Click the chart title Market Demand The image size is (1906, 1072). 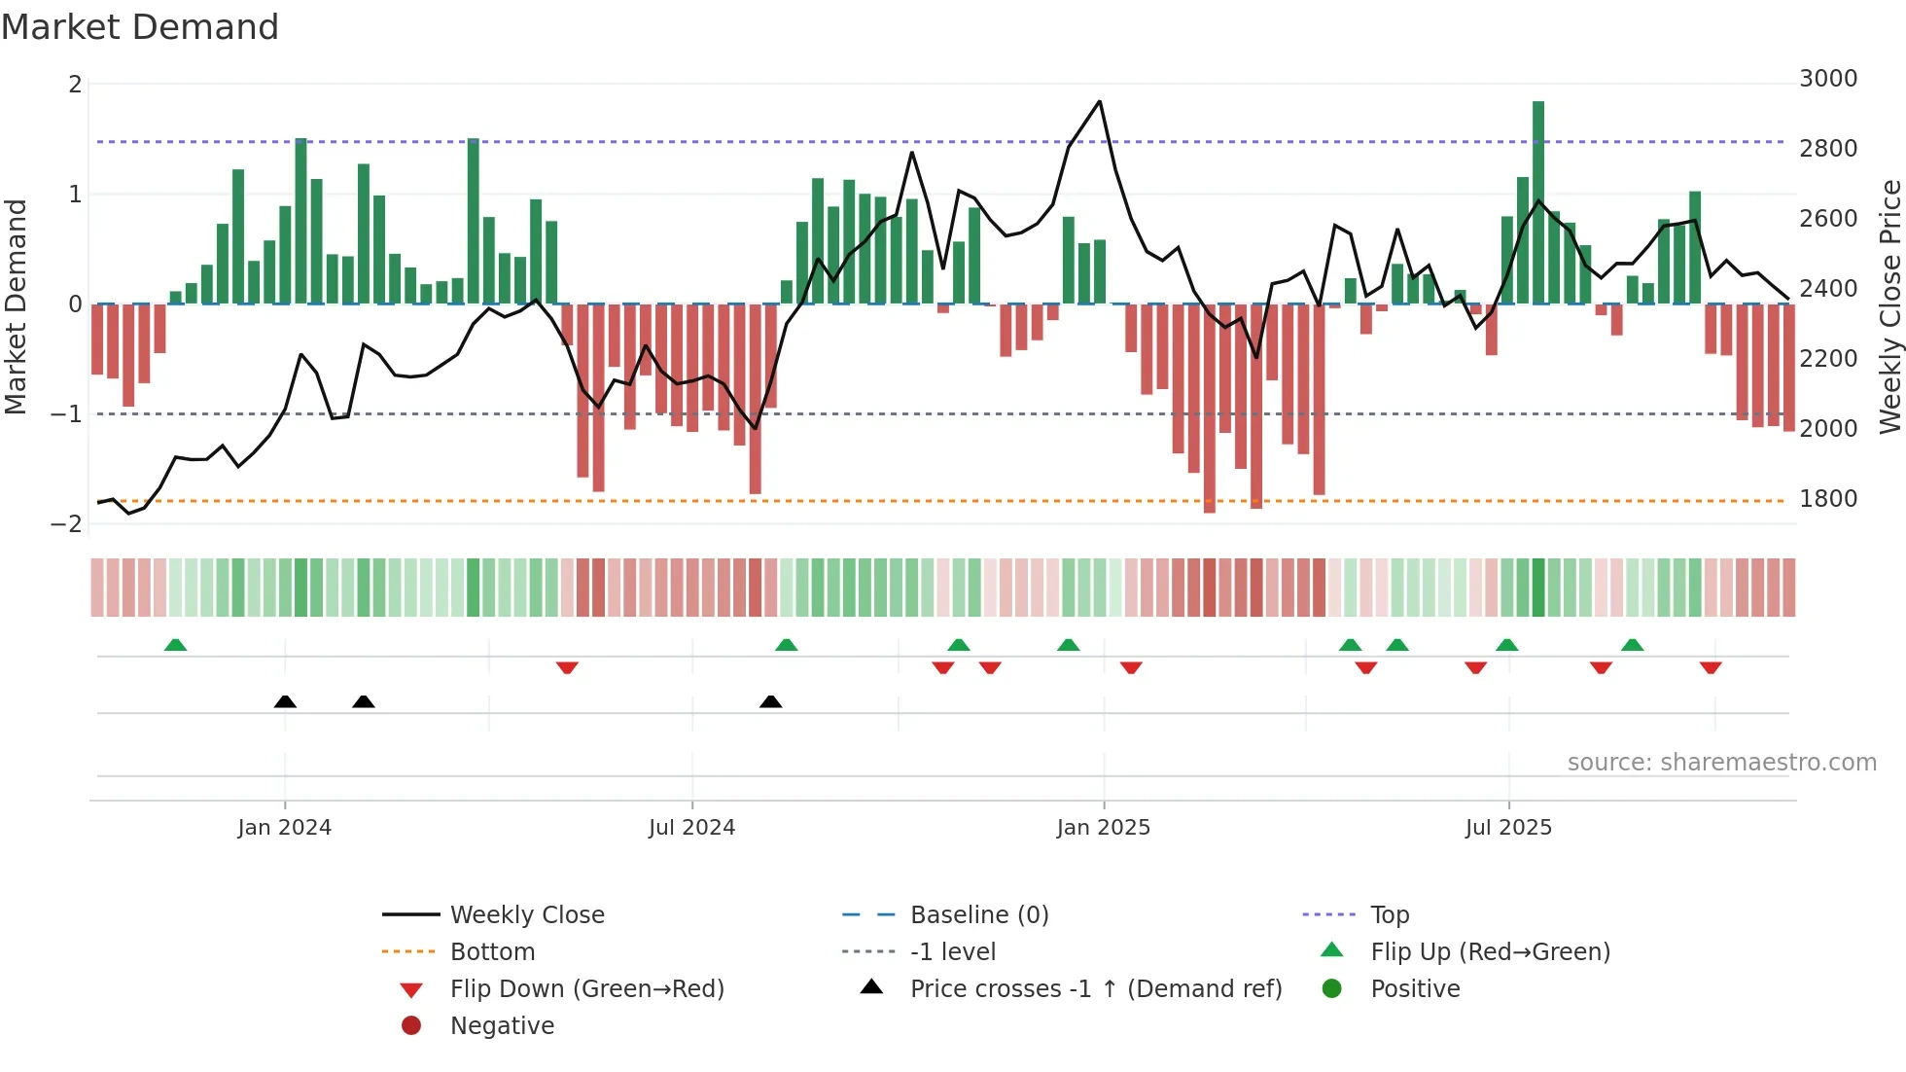click(x=140, y=27)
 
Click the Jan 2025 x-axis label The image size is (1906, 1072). click(x=1103, y=828)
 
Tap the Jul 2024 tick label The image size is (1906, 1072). click(x=691, y=828)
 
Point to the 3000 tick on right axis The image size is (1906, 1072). click(x=1828, y=79)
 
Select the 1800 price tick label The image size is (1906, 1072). click(x=1828, y=499)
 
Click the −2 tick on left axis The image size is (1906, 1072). click(x=66, y=524)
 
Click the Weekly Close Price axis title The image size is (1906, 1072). click(x=1889, y=306)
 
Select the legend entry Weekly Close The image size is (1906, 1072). click(x=526, y=915)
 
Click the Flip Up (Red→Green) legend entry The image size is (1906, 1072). click(x=1490, y=952)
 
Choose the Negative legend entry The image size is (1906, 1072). click(x=502, y=1026)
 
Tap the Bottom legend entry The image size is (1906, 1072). click(x=492, y=952)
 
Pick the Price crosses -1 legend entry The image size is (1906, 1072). click(x=1095, y=989)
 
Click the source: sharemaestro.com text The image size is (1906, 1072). click(x=1721, y=763)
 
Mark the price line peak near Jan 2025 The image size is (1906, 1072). click(x=1100, y=102)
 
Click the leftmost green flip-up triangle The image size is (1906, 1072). click(x=175, y=645)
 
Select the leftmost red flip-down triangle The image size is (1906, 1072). click(x=567, y=667)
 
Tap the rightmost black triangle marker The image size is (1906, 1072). click(x=770, y=701)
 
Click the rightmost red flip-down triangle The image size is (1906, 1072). click(x=1711, y=667)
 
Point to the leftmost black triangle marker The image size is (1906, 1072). click(x=285, y=701)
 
